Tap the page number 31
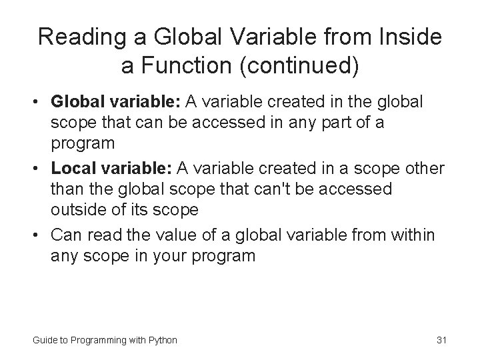tap(441, 340)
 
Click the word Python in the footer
tap(162, 340)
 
